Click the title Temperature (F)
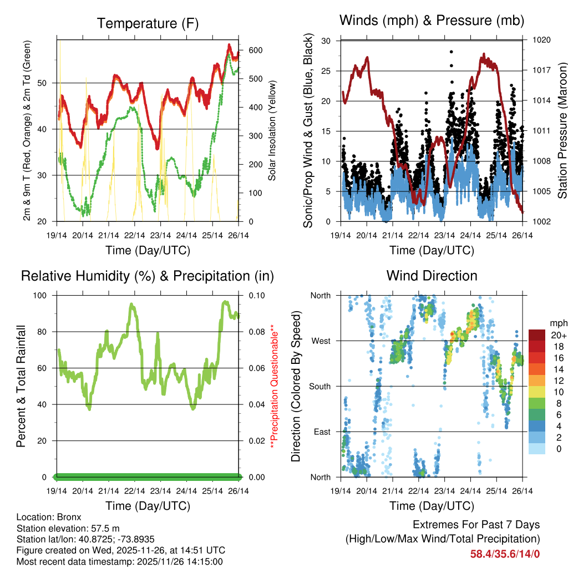(x=148, y=23)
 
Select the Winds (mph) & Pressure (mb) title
(x=432, y=21)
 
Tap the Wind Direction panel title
(x=432, y=276)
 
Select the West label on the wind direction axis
(x=321, y=341)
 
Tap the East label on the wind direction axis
(x=322, y=432)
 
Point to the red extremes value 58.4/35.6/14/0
(x=505, y=554)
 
